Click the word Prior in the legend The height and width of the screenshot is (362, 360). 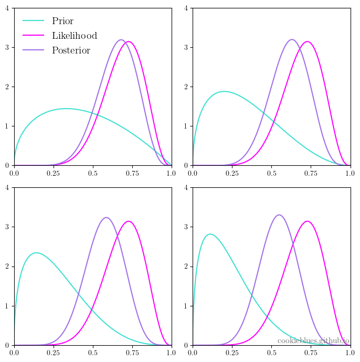[62, 21]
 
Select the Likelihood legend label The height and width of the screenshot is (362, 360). [75, 36]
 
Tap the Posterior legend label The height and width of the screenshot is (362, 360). [71, 50]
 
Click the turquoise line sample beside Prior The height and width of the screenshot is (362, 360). [33, 20]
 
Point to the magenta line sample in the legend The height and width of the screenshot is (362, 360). [33, 35]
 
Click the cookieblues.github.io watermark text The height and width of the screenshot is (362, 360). [313, 341]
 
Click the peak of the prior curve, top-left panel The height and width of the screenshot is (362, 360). [67, 109]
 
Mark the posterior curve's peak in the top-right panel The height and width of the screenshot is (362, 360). [292, 39]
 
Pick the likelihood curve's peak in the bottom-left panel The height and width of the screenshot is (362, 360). [129, 221]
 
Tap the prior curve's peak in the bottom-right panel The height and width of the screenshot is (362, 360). [210, 234]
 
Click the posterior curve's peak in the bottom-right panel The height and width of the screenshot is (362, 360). [279, 215]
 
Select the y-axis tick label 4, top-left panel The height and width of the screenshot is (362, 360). [7, 8]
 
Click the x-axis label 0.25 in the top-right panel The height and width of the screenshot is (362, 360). [232, 173]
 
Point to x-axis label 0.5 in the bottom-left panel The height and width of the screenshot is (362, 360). [93, 353]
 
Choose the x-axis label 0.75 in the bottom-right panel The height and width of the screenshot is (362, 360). [311, 353]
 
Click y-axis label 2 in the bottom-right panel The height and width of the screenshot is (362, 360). [186, 267]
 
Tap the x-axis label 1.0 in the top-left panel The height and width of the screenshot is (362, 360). [171, 173]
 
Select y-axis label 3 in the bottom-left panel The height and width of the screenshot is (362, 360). [7, 227]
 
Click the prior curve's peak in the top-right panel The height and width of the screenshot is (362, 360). [224, 91]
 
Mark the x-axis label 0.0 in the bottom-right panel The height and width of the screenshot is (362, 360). [193, 353]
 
